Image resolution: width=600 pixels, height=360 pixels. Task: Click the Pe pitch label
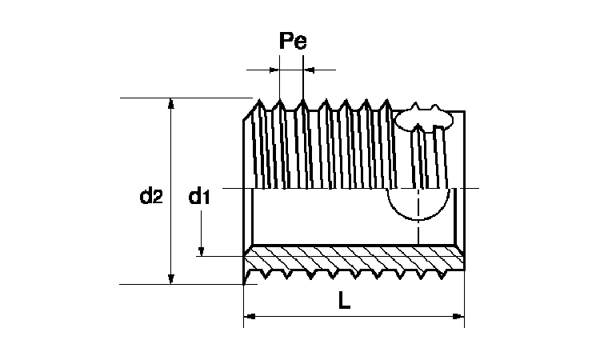tap(293, 42)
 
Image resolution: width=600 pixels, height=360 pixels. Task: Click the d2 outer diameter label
tap(150, 194)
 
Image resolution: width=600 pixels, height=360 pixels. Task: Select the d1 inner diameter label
tap(199, 196)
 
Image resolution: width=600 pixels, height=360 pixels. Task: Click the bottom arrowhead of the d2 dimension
tap(170, 278)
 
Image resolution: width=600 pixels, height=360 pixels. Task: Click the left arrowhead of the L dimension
tap(248, 317)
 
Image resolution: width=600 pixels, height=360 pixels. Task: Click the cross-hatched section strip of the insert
tap(352, 262)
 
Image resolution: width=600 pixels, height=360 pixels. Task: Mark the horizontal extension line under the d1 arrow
tap(220, 256)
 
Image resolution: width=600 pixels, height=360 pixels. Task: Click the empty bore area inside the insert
tap(320, 218)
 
